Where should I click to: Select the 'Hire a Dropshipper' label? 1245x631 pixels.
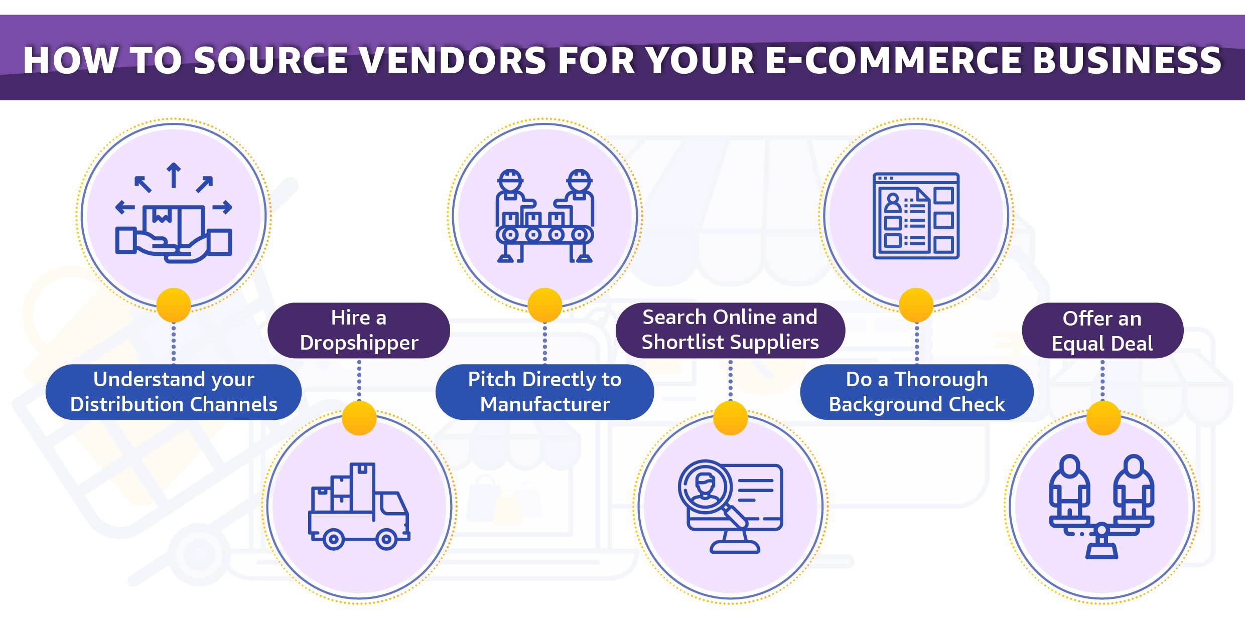[359, 330]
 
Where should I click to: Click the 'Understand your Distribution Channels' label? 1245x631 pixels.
[174, 392]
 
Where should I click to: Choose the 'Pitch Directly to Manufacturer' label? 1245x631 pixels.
[544, 392]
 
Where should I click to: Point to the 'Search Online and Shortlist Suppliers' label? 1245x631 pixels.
[730, 330]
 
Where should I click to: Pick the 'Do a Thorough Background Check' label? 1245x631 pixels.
[917, 392]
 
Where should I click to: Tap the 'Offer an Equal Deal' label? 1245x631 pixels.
[1102, 331]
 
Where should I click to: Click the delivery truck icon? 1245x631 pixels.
[359, 507]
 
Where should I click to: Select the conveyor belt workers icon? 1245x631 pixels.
[545, 216]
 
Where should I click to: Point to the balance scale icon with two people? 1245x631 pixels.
[1101, 507]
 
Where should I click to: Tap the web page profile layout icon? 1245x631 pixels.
[916, 216]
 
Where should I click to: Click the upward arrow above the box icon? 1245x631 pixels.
[174, 175]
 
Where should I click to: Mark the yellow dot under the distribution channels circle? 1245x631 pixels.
[174, 305]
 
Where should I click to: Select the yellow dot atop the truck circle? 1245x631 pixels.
[359, 418]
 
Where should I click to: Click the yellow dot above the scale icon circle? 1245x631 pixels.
[1103, 418]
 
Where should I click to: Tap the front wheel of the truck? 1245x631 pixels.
[386, 540]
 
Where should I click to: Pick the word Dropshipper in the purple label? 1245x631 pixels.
[359, 343]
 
